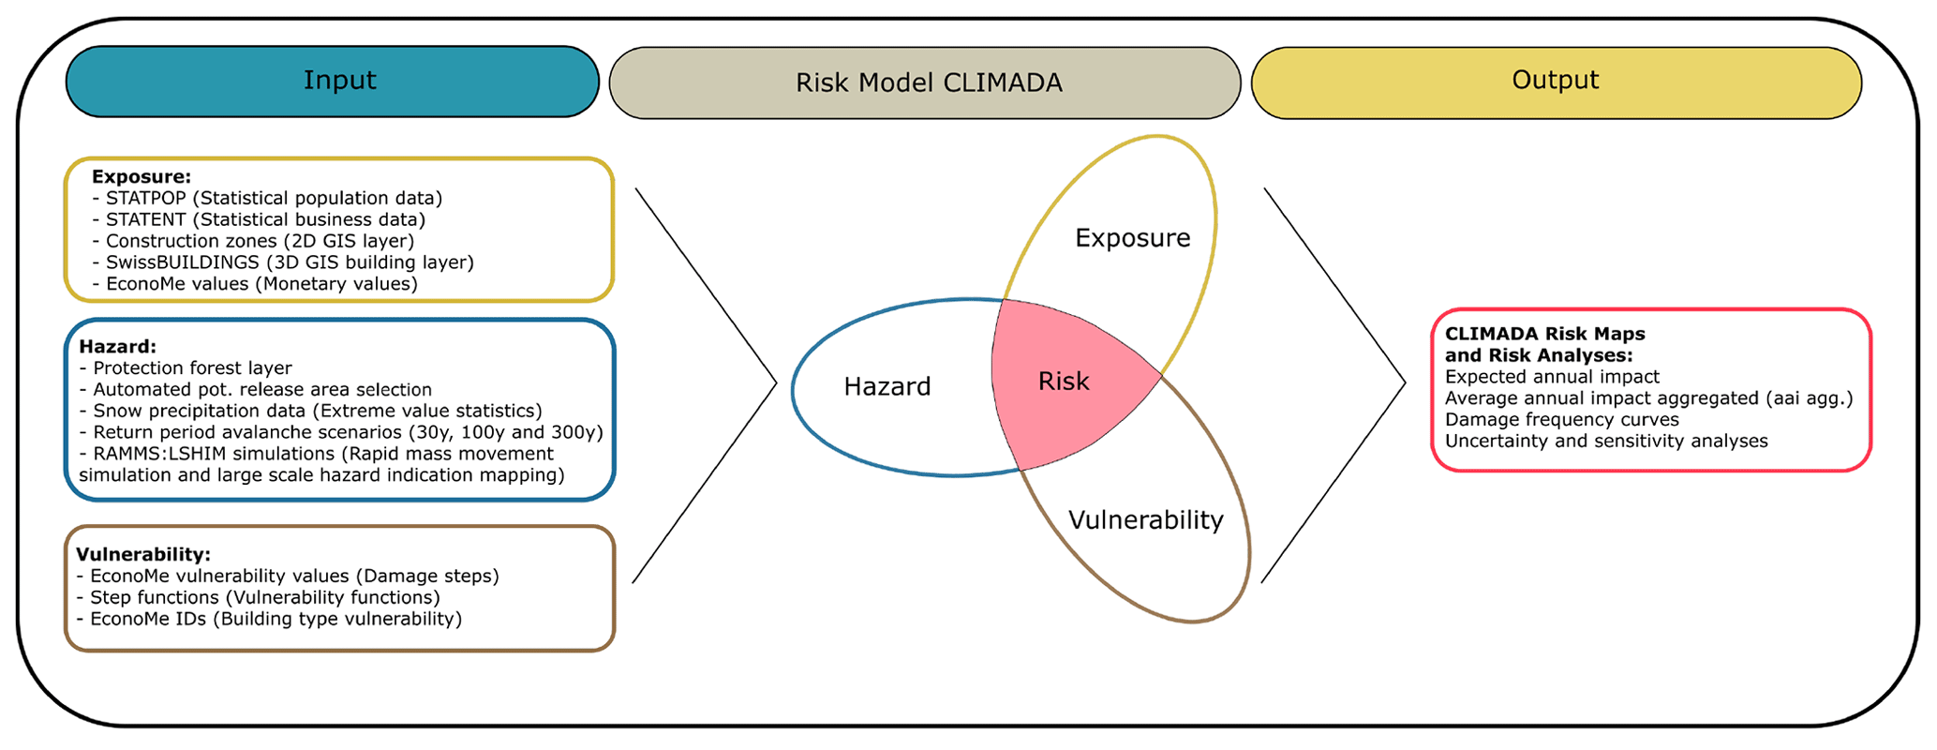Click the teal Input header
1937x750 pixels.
point(332,82)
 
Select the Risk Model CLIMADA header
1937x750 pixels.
point(925,82)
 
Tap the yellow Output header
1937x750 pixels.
point(1557,82)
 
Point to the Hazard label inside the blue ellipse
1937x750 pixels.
point(887,386)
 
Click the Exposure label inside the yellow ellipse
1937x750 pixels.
point(1132,238)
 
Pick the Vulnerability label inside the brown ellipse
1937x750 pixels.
point(1145,520)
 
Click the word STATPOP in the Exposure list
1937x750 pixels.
point(146,198)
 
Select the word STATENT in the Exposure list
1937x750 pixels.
point(146,219)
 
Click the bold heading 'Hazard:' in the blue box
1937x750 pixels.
point(118,347)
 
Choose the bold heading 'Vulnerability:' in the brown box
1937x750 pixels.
point(143,555)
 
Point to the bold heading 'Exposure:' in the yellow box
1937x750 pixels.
point(142,176)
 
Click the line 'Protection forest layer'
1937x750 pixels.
point(192,368)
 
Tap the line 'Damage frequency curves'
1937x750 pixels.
point(1561,420)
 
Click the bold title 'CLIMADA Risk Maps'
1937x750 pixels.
point(1544,334)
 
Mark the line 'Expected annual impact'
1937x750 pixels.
point(1552,377)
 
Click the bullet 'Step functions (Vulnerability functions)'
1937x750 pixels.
point(265,598)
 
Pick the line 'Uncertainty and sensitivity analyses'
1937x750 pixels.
point(1606,442)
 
